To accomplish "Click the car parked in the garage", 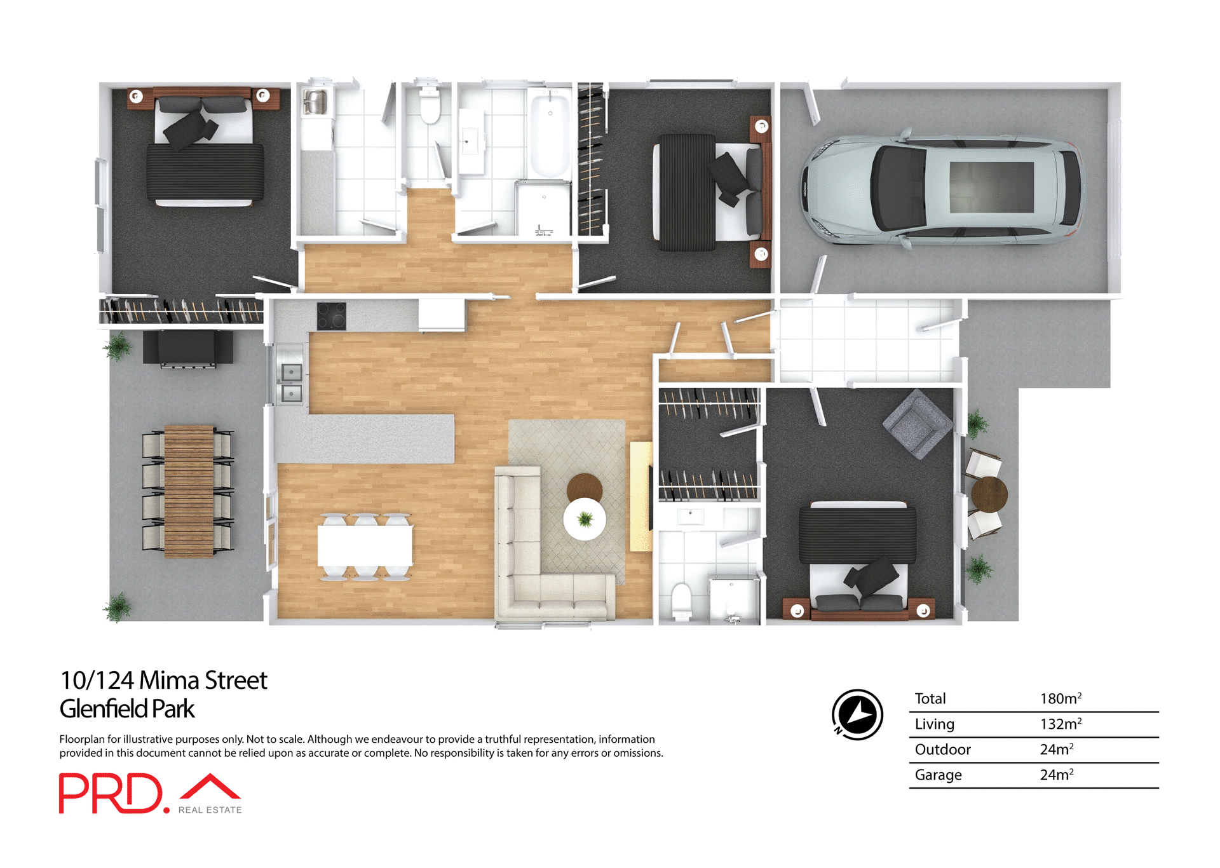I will [x=940, y=189].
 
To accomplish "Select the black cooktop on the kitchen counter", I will [x=331, y=316].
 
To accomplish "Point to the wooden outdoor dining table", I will [x=189, y=491].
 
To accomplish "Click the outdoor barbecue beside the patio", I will [x=187, y=348].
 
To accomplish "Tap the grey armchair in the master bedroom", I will [x=918, y=424].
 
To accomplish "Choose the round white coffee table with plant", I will [x=585, y=519].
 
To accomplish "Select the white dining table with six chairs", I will [x=365, y=546].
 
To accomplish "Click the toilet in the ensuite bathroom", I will [x=682, y=600].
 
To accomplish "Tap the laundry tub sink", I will [x=315, y=102].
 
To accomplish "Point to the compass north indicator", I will [x=857, y=715].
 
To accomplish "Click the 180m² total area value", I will [x=1060, y=698].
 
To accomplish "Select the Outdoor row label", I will [x=942, y=749].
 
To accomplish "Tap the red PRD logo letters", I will [x=111, y=793].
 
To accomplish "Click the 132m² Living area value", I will [x=1060, y=724].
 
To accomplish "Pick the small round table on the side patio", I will [x=989, y=494].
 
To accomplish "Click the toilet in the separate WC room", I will [x=430, y=107].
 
